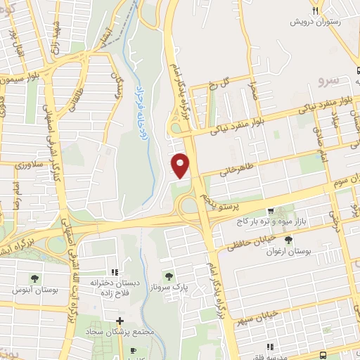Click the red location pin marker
181,165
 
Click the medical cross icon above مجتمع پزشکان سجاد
120,321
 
